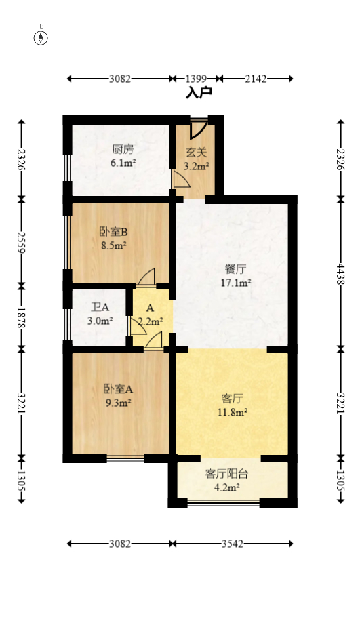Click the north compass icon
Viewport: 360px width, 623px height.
41,37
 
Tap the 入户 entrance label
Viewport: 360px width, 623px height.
199,93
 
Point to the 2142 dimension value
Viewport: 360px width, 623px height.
256,79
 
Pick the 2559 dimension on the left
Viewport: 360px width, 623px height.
21,240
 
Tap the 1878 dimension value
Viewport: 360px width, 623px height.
21,315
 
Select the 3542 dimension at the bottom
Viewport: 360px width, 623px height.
233,544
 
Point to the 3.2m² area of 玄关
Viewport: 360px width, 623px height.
197,164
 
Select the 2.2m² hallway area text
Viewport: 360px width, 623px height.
150,322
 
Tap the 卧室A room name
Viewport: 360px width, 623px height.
118,389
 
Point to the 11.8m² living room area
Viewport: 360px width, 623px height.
233,411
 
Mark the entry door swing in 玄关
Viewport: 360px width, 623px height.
199,127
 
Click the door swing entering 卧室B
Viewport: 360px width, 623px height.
146,277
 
